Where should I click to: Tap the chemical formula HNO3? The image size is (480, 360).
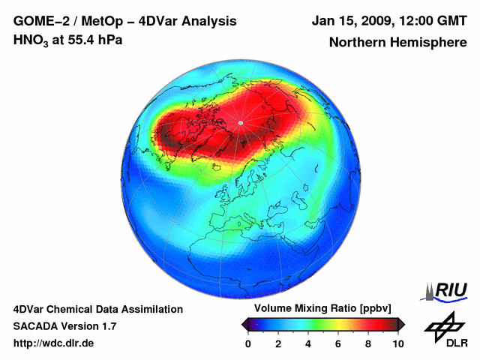(31, 40)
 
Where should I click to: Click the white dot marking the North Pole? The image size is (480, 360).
(240, 122)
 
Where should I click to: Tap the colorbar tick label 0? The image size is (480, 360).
(248, 343)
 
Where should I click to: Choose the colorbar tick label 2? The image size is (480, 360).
(278, 343)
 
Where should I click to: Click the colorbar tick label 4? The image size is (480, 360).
(308, 343)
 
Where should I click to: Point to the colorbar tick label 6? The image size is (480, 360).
(338, 343)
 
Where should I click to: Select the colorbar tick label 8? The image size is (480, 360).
(368, 343)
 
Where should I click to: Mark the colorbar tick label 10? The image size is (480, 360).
(397, 343)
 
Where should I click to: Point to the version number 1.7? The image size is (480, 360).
(108, 326)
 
